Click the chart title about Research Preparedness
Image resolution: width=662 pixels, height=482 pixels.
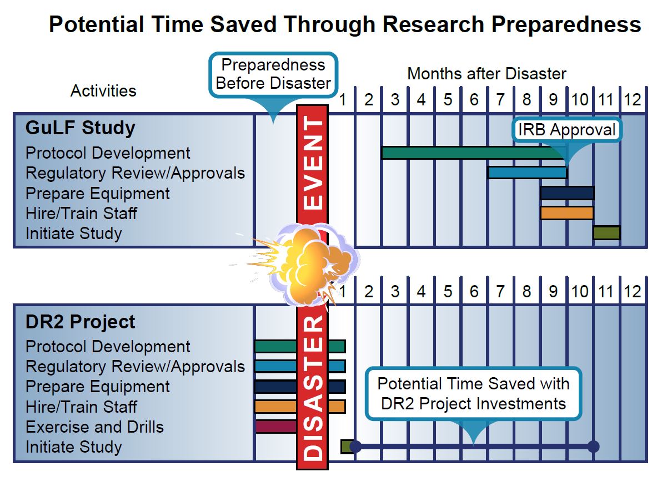tap(345, 24)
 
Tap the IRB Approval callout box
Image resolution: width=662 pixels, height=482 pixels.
tap(566, 130)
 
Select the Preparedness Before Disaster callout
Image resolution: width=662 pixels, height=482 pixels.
tap(273, 74)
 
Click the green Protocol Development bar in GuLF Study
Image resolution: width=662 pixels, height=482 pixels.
tap(474, 153)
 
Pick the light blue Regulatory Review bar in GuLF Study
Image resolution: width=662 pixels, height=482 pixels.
tap(527, 172)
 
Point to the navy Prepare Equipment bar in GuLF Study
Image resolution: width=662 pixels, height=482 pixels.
tap(568, 193)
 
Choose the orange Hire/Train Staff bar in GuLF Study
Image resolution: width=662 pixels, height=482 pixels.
tap(567, 213)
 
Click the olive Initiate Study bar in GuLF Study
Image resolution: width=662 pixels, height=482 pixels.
tap(606, 233)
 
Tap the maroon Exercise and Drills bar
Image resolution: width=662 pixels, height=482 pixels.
tap(276, 427)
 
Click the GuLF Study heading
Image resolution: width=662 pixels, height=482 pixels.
tap(80, 128)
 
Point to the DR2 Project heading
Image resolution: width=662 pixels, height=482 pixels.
tap(80, 322)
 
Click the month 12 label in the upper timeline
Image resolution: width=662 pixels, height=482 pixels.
tap(633, 100)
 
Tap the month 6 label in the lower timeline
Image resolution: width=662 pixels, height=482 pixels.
tap(474, 291)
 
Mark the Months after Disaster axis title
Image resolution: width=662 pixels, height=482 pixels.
tap(487, 74)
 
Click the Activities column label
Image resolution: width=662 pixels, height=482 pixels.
tap(103, 90)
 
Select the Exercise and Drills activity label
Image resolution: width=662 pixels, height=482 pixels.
tap(94, 427)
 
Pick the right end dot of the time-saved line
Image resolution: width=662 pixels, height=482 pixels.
tap(594, 446)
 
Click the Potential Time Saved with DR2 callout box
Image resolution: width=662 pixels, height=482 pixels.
tap(473, 394)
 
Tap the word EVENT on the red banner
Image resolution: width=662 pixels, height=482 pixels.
tap(313, 163)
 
